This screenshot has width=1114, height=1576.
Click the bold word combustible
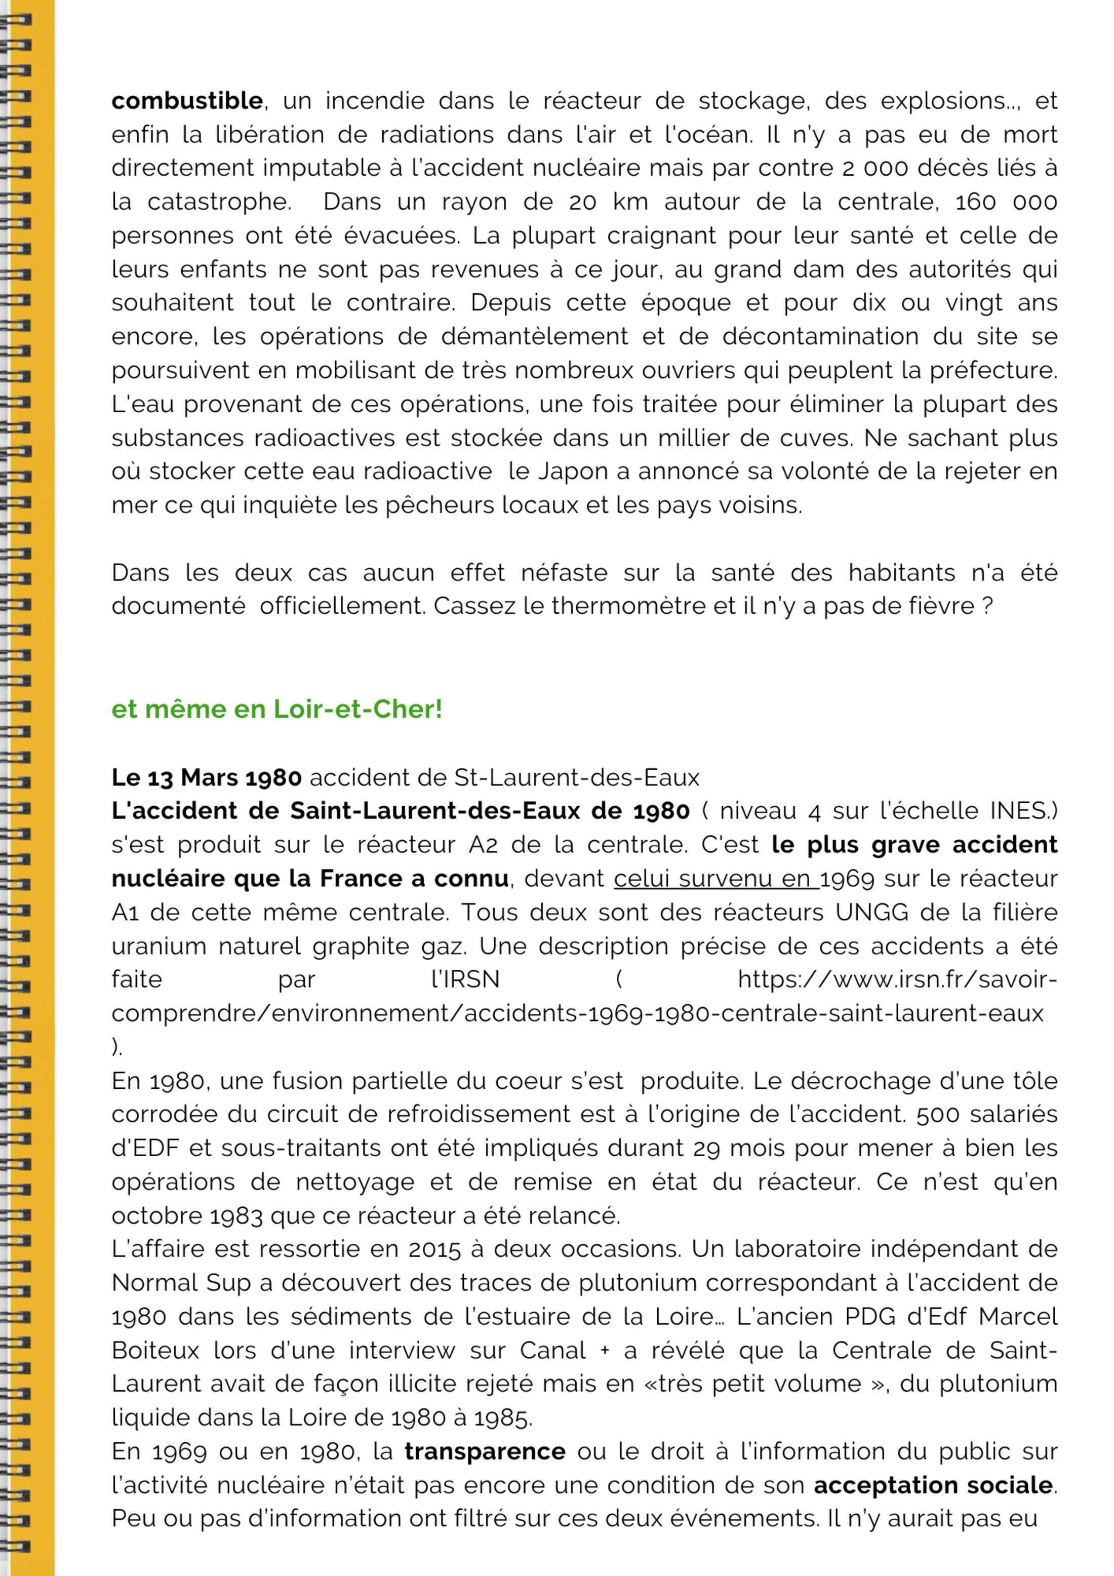click(x=187, y=101)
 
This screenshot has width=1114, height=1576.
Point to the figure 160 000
click(x=1006, y=202)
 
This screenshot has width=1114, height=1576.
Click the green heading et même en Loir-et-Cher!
click(x=276, y=709)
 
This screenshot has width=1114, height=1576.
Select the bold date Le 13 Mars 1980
click(x=207, y=778)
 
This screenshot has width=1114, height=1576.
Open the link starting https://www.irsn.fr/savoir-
click(x=896, y=979)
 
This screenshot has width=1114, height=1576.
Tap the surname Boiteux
click(x=155, y=1350)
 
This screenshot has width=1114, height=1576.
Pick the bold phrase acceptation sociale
click(x=933, y=1485)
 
